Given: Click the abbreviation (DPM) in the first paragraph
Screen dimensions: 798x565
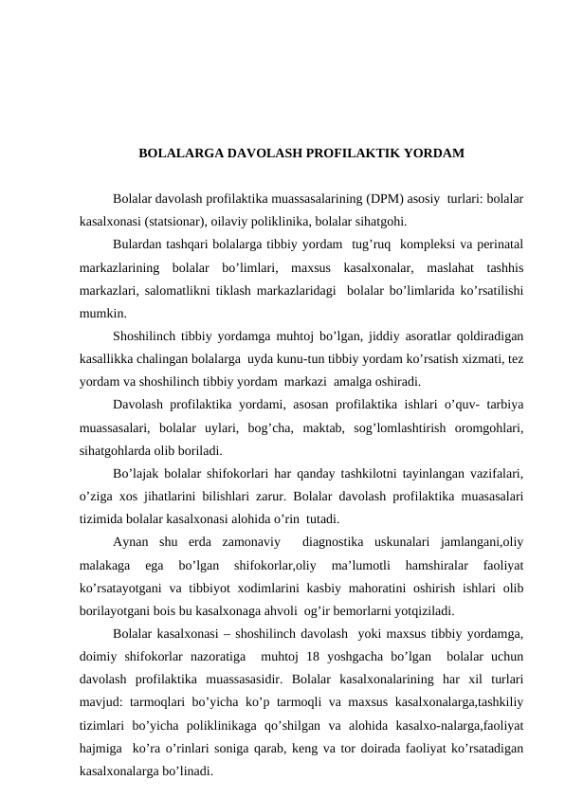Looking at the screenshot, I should [x=383, y=200].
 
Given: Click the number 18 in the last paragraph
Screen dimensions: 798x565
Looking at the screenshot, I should [x=327, y=654].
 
